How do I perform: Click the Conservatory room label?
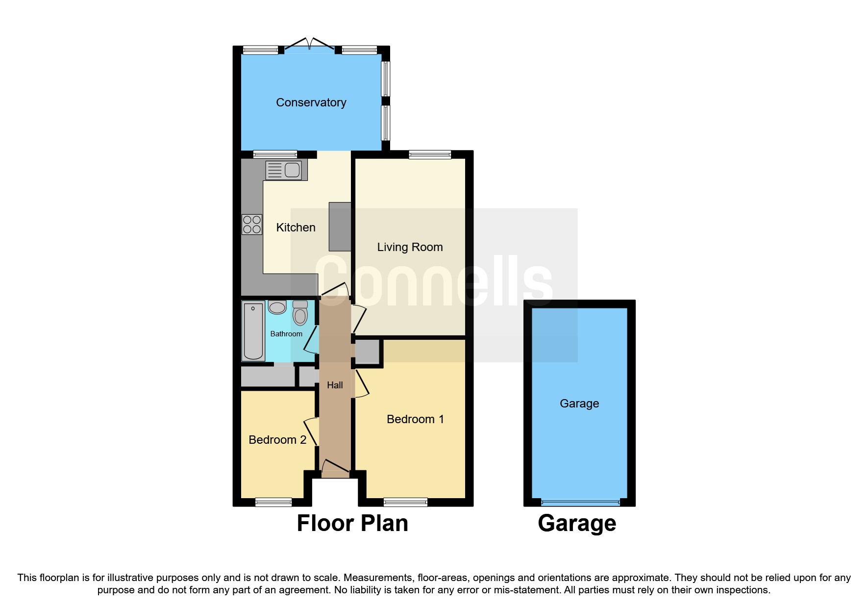(311, 102)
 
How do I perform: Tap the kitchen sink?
(283, 170)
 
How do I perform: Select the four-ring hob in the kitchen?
(252, 225)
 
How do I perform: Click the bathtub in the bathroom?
(253, 331)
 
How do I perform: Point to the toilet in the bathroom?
(300, 313)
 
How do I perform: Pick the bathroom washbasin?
(277, 307)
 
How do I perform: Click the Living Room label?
(410, 247)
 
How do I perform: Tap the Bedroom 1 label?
(415, 419)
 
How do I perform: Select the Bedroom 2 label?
(277, 440)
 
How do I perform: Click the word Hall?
(335, 385)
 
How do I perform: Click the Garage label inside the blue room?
(579, 404)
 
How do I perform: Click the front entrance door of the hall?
(335, 468)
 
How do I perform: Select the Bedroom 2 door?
(311, 431)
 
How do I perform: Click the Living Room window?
(430, 155)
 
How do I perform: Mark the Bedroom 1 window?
(405, 502)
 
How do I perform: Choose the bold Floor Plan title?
(352, 523)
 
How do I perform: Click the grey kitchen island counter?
(340, 227)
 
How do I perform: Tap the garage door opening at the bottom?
(580, 502)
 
